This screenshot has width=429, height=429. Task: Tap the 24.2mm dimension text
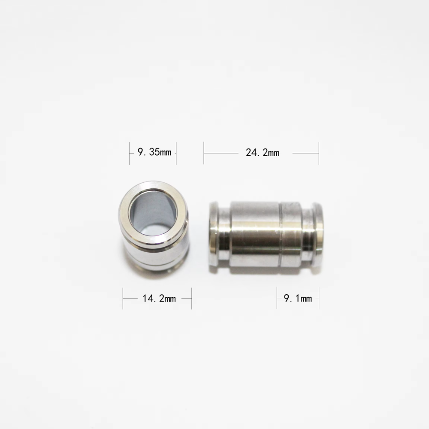pos(263,153)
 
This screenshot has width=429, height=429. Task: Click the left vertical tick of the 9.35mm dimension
pos(130,153)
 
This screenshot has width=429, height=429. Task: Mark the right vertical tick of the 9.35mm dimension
pos(176,153)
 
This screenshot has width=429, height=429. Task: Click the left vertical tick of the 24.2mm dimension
pos(204,153)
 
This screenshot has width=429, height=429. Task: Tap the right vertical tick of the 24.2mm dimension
pos(319,153)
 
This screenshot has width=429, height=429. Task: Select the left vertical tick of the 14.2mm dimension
pos(123,298)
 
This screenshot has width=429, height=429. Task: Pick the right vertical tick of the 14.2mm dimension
pos(191,298)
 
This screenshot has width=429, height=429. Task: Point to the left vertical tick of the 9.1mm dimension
pos(277,298)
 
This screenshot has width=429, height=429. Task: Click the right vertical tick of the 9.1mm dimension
pos(319,298)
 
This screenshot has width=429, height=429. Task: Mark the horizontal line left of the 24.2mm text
pos(221,152)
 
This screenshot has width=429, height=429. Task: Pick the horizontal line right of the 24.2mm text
pos(305,152)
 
